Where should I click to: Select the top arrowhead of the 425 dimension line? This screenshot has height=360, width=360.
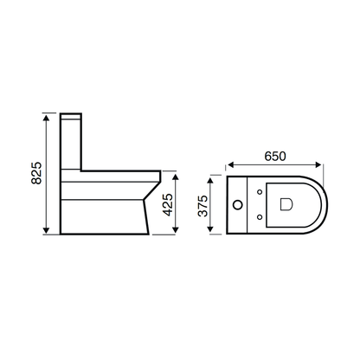[x=177, y=173]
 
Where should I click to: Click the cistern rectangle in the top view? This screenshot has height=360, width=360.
[x=240, y=204]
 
